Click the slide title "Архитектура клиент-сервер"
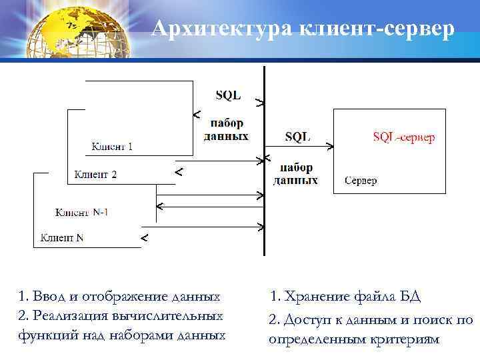click(303, 29)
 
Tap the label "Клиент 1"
click(111, 147)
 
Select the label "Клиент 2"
click(95, 175)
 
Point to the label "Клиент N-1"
click(81, 213)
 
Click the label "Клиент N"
click(63, 237)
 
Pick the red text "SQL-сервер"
click(404, 137)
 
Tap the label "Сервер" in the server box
click(361, 181)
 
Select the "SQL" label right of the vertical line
click(297, 137)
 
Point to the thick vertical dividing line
click(264, 160)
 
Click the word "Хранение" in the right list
click(311, 296)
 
